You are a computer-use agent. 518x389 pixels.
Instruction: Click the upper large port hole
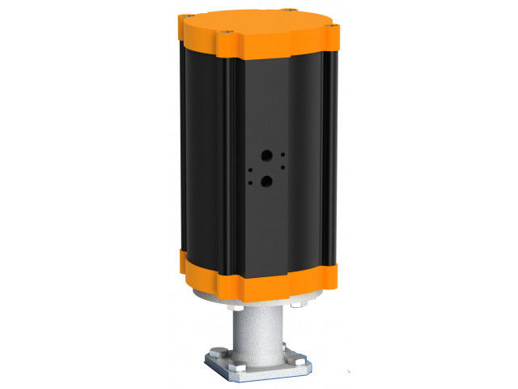tap(265, 155)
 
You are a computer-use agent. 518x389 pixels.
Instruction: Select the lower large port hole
tap(265, 183)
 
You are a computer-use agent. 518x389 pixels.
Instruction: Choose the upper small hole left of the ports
tap(250, 168)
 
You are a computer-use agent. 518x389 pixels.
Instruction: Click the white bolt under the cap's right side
tap(297, 306)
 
